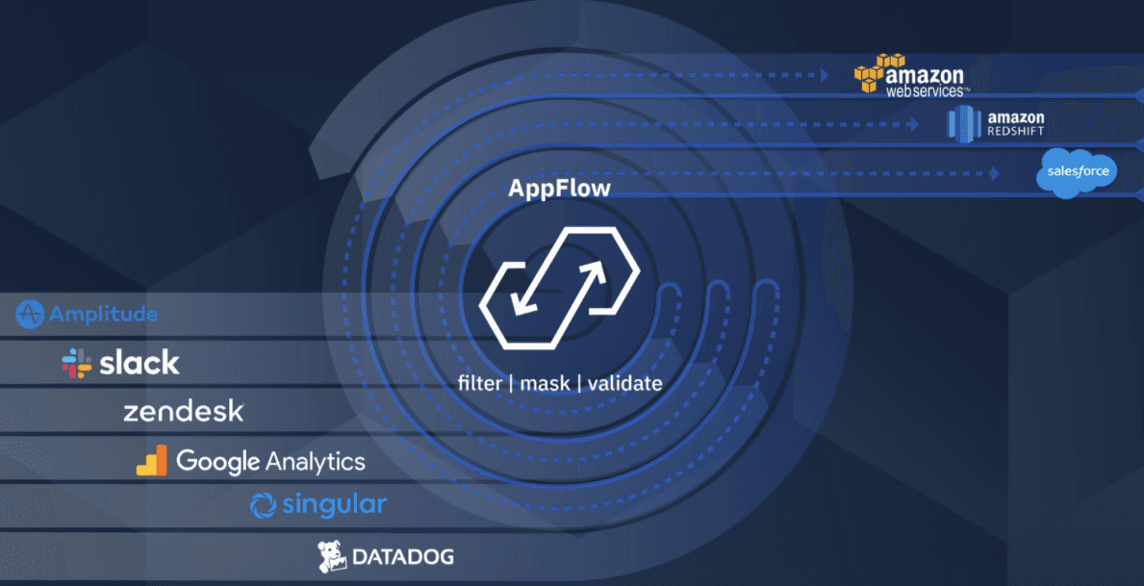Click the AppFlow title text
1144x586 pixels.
point(559,188)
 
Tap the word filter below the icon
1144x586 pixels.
point(479,383)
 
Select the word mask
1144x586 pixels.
point(546,383)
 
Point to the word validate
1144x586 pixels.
point(624,383)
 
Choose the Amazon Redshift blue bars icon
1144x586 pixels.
point(962,123)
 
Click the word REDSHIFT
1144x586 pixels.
point(1015,132)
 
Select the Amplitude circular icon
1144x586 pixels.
point(31,315)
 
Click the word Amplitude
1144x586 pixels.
point(103,315)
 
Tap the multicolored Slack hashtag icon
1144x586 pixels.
point(77,363)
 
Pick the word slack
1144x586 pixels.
point(140,363)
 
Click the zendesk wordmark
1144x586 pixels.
point(183,412)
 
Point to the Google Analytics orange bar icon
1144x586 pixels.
point(152,461)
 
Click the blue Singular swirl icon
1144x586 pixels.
point(263,505)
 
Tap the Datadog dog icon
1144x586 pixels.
point(332,555)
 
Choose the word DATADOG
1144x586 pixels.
point(402,556)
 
